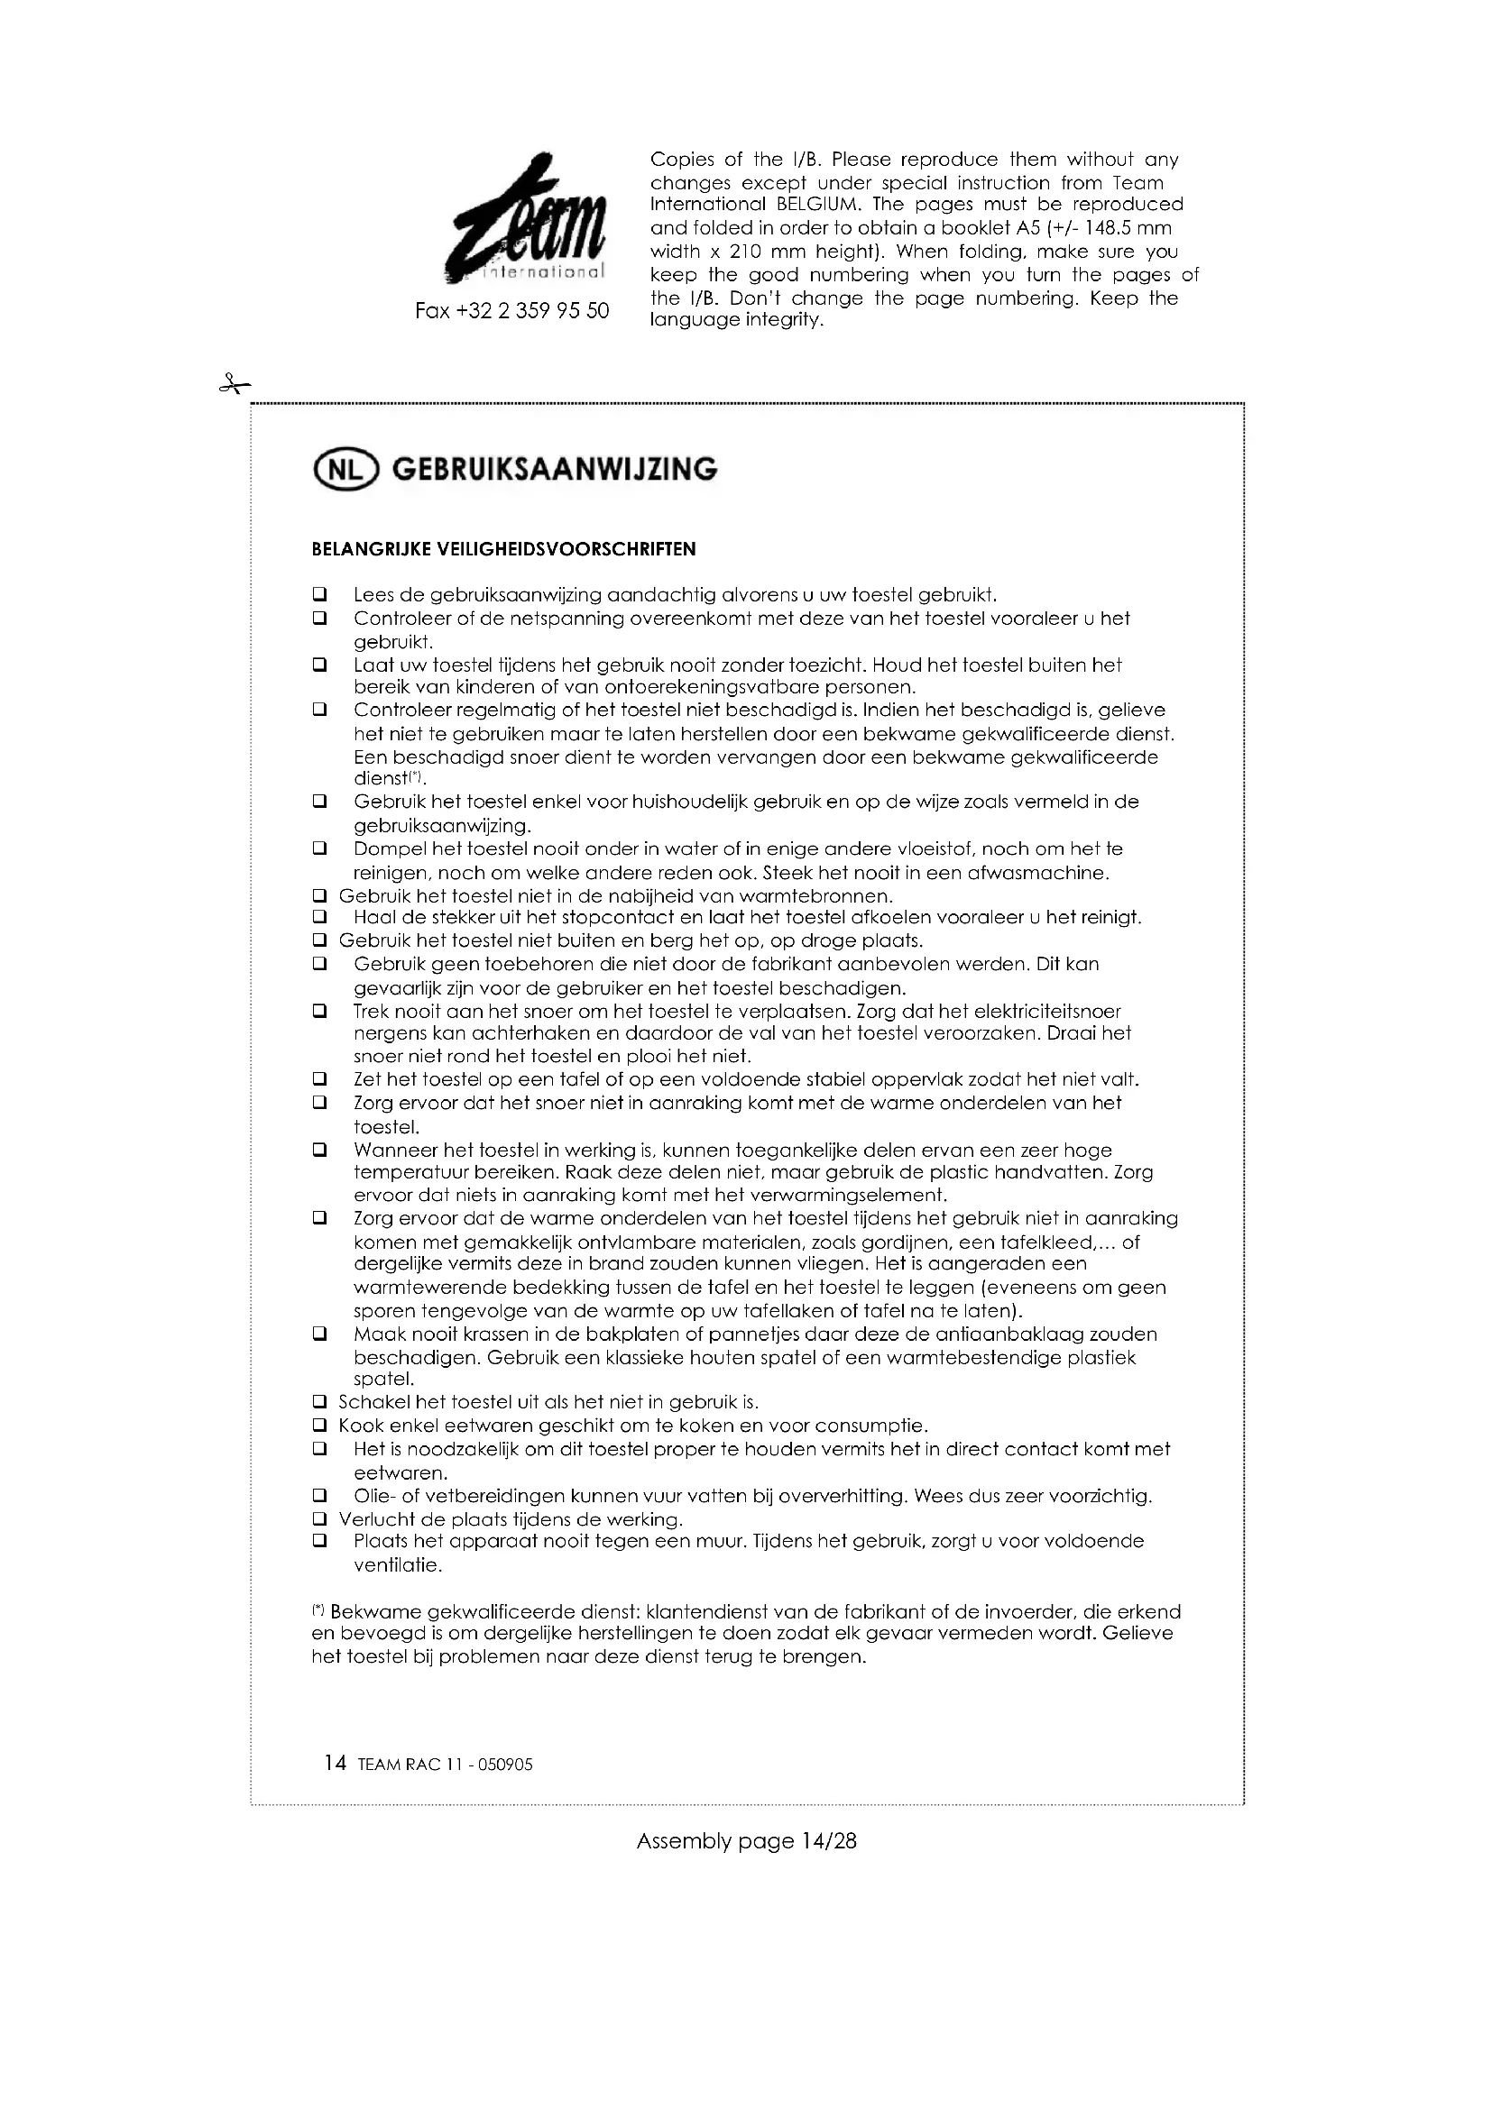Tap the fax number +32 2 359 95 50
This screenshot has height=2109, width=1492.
(x=511, y=311)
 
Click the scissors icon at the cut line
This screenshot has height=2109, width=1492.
(x=235, y=385)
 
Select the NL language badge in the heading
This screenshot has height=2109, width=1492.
(x=345, y=470)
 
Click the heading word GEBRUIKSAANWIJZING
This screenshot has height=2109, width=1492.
(x=555, y=470)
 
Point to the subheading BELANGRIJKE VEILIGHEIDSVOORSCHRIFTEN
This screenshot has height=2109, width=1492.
(x=503, y=549)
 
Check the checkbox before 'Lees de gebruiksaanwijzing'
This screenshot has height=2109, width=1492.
(x=319, y=594)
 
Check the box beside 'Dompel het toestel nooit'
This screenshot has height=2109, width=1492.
(x=319, y=848)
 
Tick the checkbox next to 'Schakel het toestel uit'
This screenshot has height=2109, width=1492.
(x=319, y=1403)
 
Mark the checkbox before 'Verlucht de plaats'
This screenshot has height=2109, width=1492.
(x=319, y=1520)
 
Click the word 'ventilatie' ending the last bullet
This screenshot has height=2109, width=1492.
(x=397, y=1565)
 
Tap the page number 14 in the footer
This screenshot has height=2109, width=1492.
(x=336, y=1764)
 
